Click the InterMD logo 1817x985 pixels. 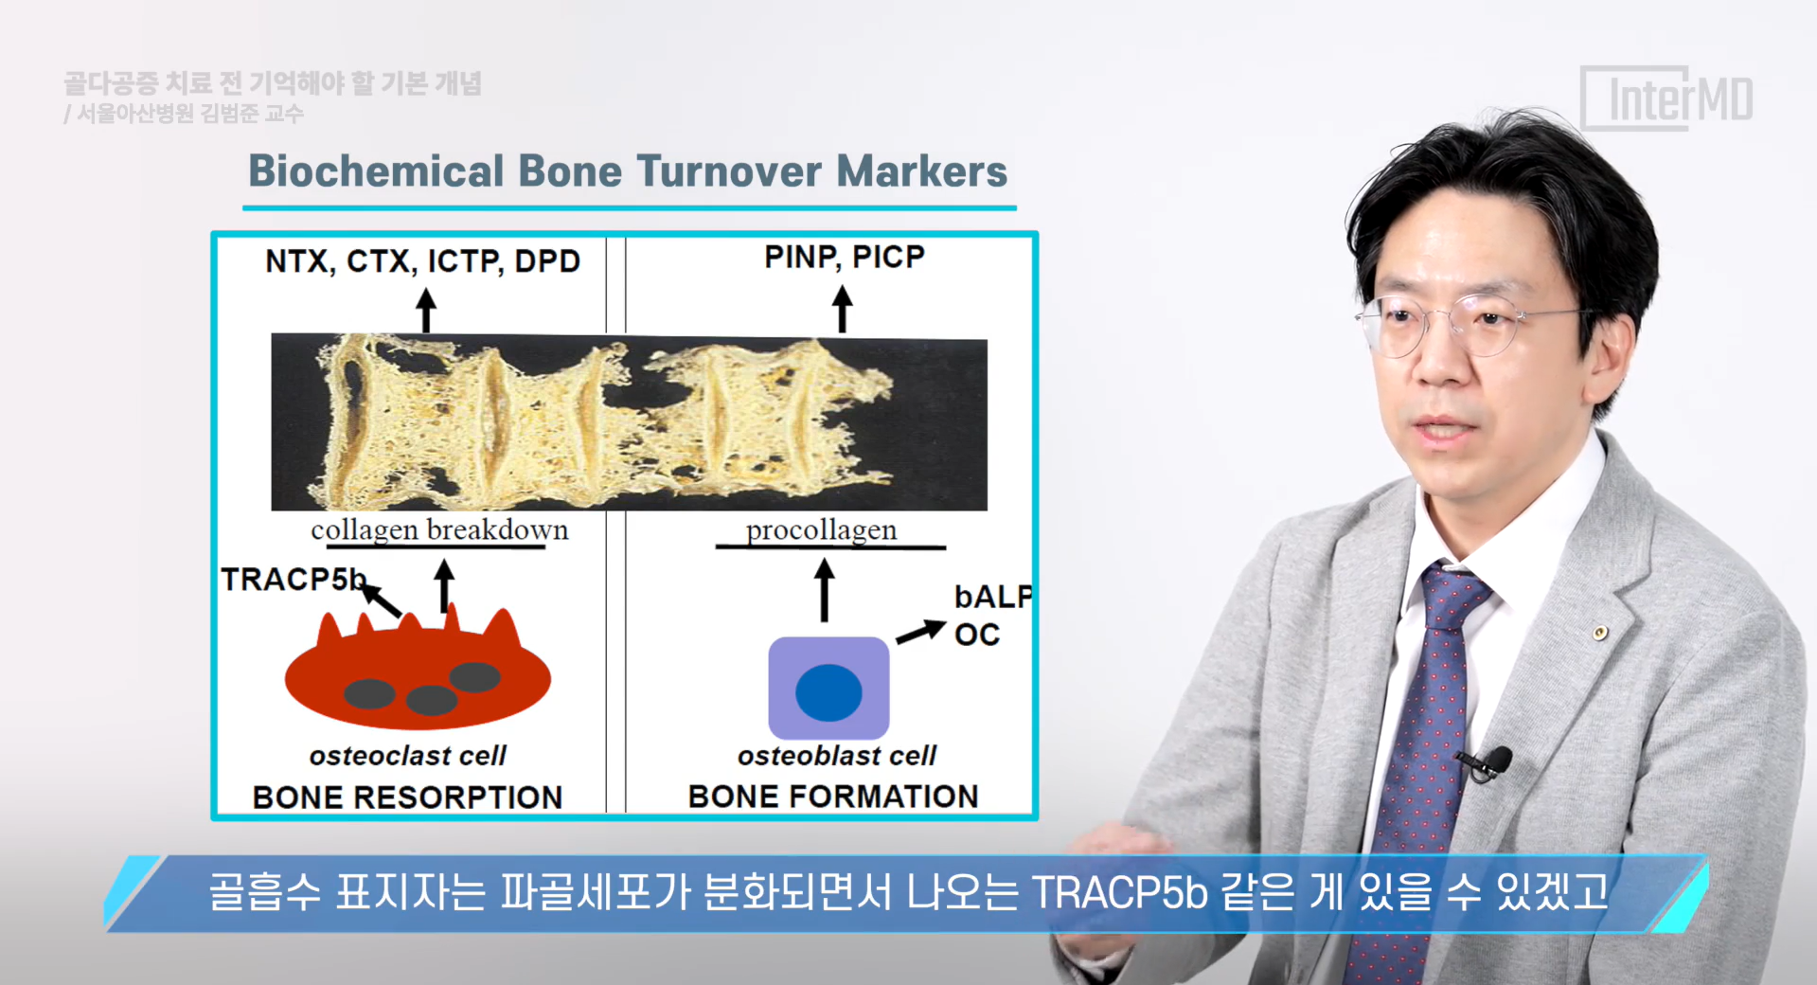click(x=1667, y=98)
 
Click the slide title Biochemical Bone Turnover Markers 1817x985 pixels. click(x=628, y=171)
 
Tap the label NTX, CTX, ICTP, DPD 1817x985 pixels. click(x=422, y=261)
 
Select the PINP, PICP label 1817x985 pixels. click(x=845, y=257)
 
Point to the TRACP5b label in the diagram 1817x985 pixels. click(x=294, y=579)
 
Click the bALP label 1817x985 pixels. click(x=993, y=597)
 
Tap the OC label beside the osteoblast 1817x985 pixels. click(x=977, y=635)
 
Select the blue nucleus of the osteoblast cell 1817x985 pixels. click(x=828, y=692)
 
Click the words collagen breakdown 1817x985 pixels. click(x=439, y=529)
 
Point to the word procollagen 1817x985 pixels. click(x=821, y=529)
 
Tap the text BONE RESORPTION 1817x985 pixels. click(x=407, y=797)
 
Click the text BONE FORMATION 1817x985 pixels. click(x=833, y=797)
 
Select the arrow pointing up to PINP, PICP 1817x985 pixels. click(x=842, y=310)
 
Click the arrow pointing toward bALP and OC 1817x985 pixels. click(x=921, y=632)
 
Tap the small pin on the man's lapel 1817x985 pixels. click(x=1599, y=632)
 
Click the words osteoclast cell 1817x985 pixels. click(x=407, y=756)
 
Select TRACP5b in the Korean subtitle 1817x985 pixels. click(x=1119, y=892)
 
